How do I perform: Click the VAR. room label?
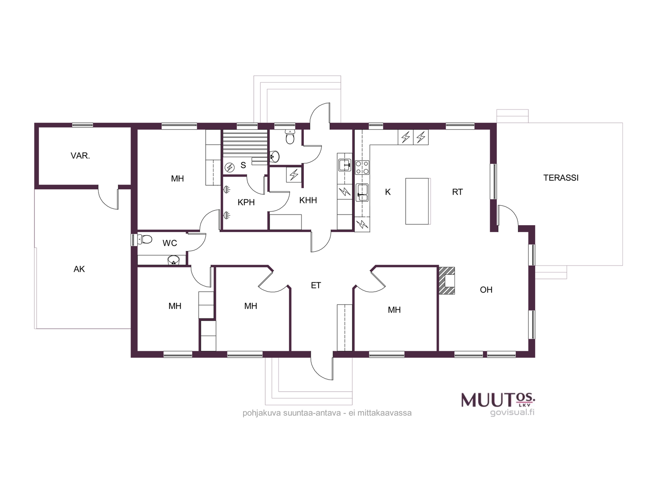click(x=80, y=156)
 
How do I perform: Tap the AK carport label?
click(x=79, y=269)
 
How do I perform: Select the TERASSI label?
click(x=561, y=178)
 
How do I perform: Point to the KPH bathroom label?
click(x=246, y=203)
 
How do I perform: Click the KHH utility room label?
click(x=308, y=200)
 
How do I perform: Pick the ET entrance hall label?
click(x=316, y=285)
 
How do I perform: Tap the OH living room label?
click(x=486, y=290)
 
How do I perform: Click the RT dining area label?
click(x=457, y=192)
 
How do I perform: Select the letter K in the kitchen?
click(x=388, y=192)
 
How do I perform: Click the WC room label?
click(x=170, y=243)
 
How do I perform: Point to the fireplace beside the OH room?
click(x=447, y=281)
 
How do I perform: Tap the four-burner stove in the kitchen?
click(x=362, y=168)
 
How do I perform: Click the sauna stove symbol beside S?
click(x=230, y=167)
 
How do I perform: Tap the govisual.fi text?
click(x=512, y=412)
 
